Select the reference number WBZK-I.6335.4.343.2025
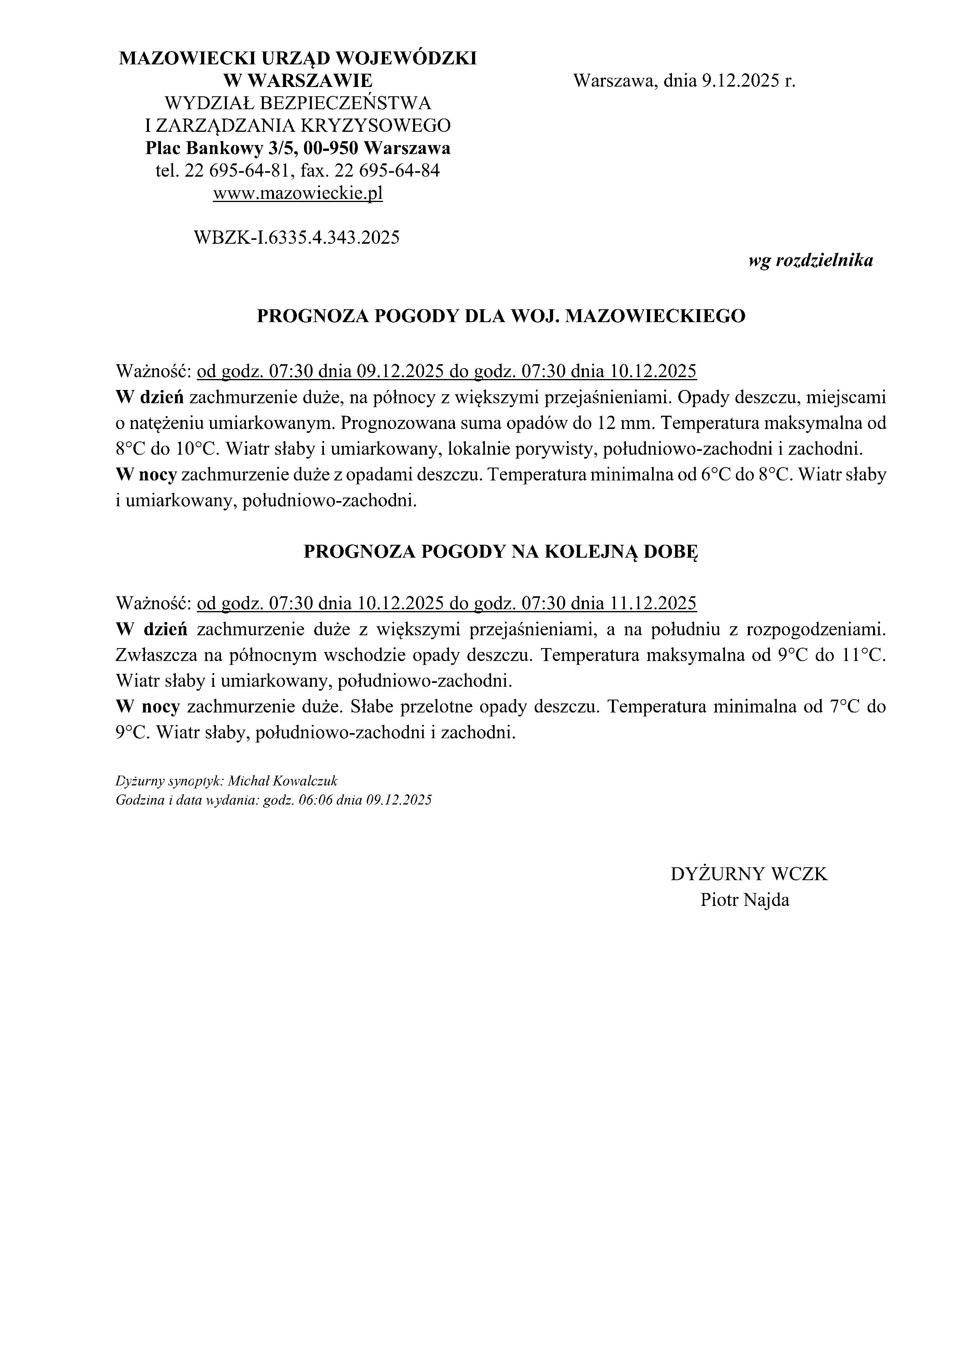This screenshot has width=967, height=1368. click(297, 238)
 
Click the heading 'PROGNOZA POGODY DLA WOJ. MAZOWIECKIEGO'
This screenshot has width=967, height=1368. click(501, 316)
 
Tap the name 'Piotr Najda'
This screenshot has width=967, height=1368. click(744, 899)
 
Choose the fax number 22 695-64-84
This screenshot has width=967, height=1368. click(388, 171)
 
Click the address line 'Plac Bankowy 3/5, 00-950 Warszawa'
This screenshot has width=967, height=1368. click(298, 148)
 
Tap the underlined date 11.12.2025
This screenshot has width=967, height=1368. click(653, 604)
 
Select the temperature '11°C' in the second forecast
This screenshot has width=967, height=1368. click(863, 656)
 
